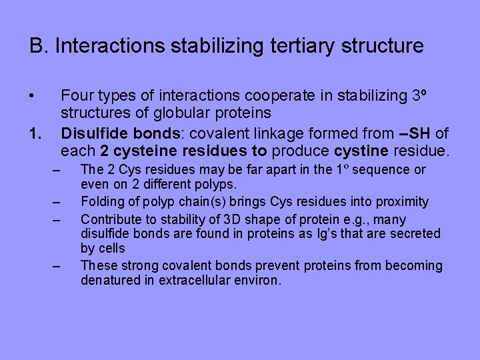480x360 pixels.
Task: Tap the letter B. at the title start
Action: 39,46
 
